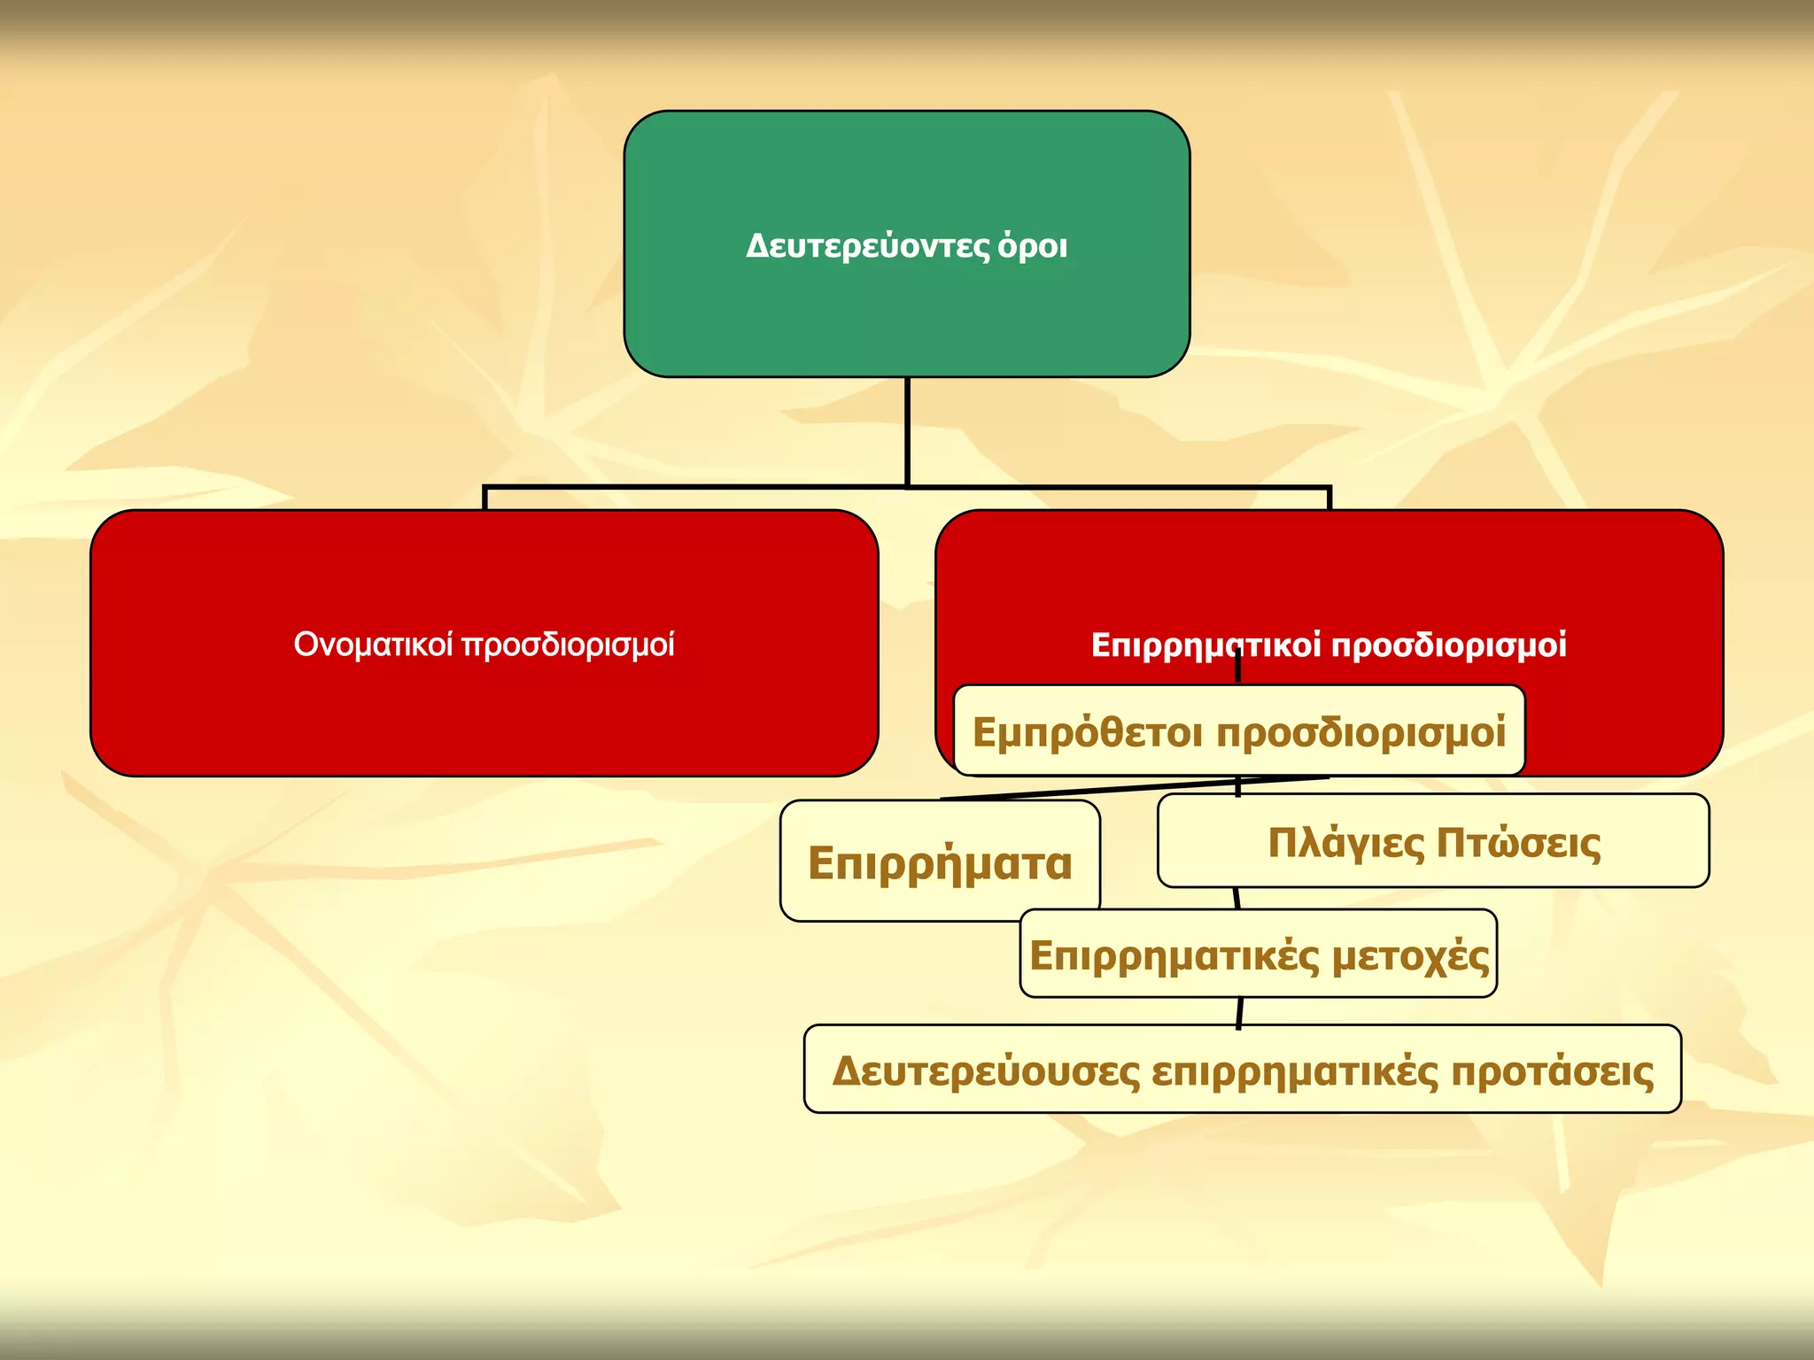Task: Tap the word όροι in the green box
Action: pos(1033,246)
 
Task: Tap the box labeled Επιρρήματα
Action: pos(940,862)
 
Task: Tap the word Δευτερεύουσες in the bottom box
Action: pos(986,1071)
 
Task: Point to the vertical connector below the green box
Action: pos(907,431)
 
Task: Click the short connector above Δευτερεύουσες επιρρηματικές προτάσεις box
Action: pos(1239,1012)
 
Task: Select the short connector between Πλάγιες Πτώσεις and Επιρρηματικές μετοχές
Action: pos(1236,898)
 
